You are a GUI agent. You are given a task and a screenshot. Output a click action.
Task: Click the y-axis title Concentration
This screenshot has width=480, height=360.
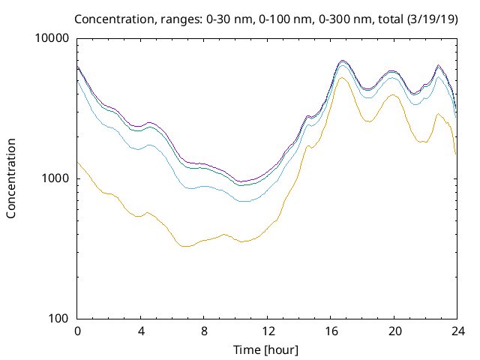tap(11, 178)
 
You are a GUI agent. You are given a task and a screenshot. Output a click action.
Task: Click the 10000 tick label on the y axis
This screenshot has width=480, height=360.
tap(52, 38)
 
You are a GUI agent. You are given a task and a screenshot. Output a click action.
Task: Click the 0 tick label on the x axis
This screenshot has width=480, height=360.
tap(77, 331)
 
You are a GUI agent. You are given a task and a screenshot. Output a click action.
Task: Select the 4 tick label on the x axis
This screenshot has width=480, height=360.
tap(141, 331)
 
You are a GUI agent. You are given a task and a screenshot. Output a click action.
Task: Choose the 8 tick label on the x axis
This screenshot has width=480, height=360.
tap(204, 331)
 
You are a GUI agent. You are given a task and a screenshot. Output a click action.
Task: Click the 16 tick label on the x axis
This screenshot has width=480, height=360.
tap(331, 331)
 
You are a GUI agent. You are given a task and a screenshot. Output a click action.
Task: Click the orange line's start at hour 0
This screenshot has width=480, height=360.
tap(77, 161)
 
